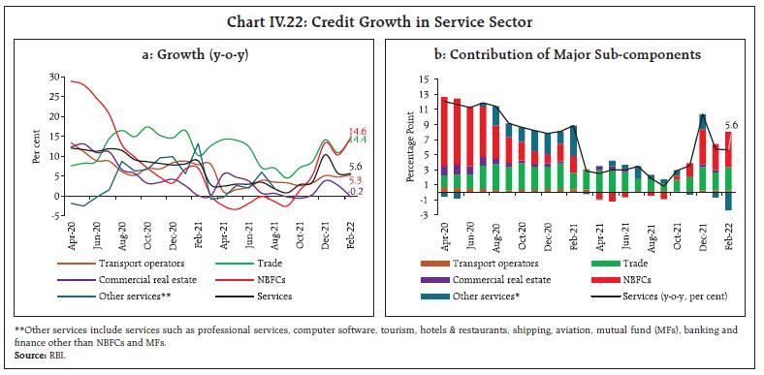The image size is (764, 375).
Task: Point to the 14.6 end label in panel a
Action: pyautogui.click(x=357, y=131)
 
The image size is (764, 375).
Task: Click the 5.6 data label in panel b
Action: pyautogui.click(x=733, y=125)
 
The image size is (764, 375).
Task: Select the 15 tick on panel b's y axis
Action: pyautogui.click(x=422, y=78)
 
